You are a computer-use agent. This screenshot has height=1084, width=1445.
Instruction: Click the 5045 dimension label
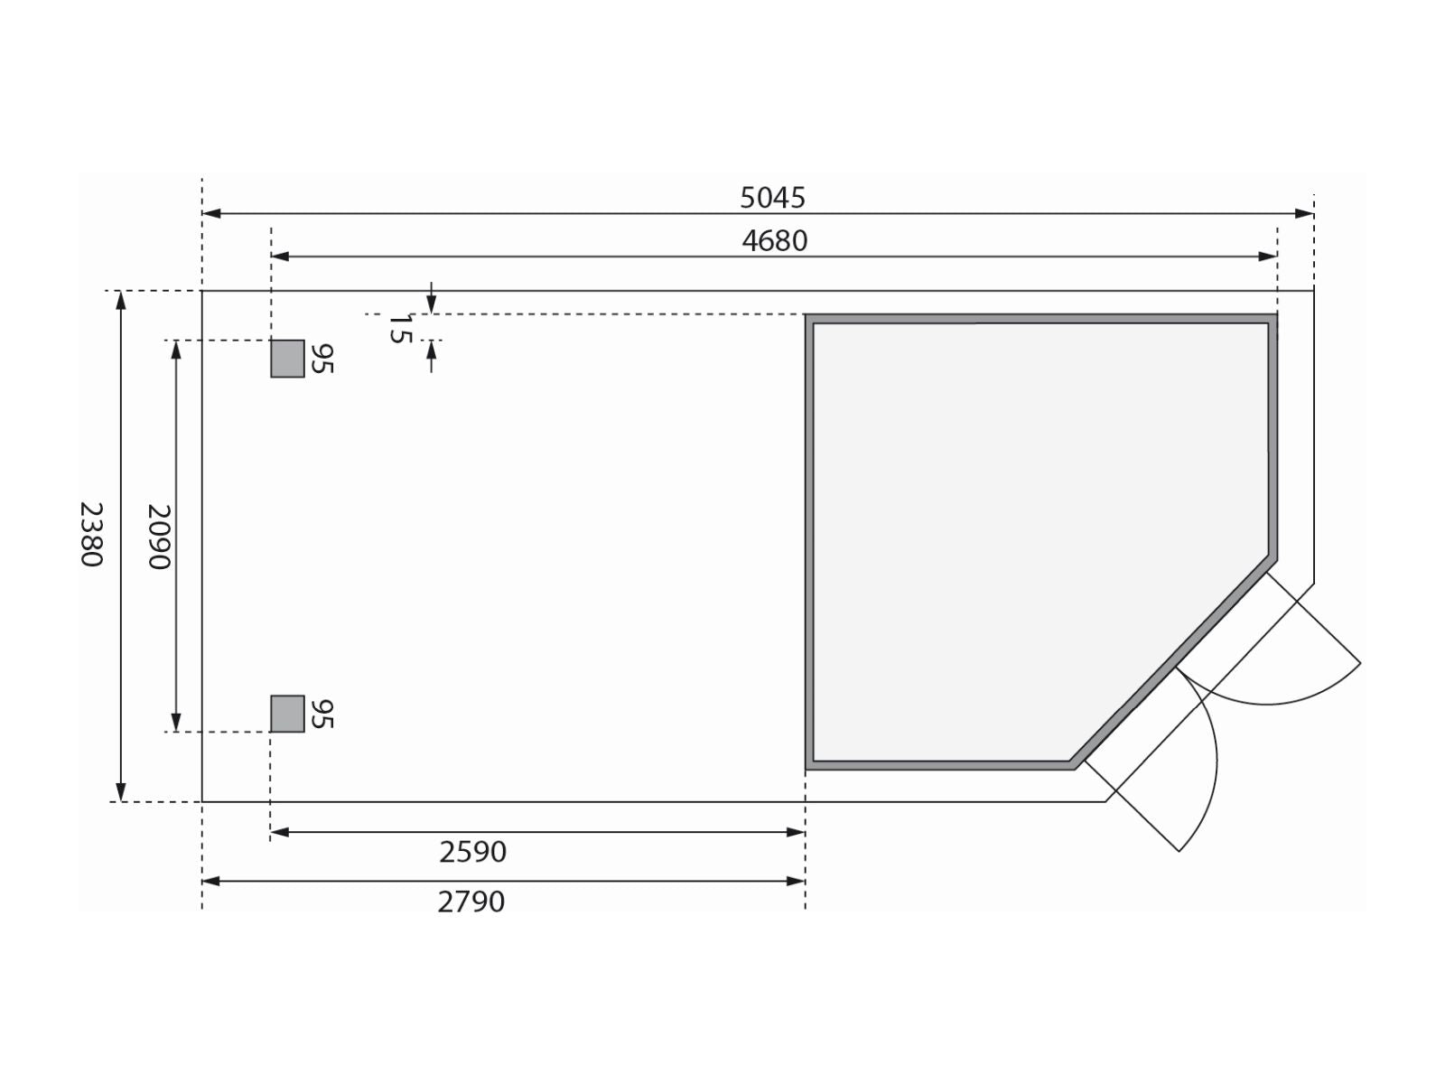coord(772,198)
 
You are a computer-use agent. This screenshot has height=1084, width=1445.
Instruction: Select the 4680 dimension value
coord(774,241)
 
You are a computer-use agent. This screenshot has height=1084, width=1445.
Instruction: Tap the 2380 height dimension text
coord(91,535)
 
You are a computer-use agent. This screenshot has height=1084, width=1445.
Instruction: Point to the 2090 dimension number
coord(159,537)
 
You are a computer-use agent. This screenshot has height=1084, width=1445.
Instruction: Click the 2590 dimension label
coord(472,853)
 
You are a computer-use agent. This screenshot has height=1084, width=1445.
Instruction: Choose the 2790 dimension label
coord(471,902)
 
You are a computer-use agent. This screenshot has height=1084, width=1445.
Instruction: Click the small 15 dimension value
coord(399,329)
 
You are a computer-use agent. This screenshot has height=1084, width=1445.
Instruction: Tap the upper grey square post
coord(288,359)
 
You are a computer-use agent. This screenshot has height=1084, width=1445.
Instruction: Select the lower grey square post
coord(288,714)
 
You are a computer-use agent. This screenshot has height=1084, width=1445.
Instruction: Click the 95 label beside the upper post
coord(322,359)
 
